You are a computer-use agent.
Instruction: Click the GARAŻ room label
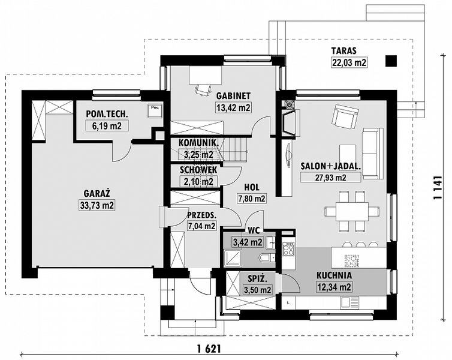[97, 193]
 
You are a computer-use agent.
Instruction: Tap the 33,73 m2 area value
[97, 205]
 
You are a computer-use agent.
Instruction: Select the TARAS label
[343, 50]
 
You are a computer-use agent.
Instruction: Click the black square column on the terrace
[391, 61]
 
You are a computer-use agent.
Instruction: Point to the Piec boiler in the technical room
[155, 110]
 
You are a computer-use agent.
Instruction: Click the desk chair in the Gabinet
[203, 89]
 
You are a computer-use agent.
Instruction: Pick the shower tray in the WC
[233, 258]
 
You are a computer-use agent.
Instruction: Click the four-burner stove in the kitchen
[288, 249]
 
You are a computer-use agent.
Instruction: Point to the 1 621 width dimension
[209, 349]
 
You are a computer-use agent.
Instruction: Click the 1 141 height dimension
[438, 187]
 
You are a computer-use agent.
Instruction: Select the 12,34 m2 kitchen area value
[334, 287]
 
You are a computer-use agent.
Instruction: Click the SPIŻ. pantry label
[258, 278]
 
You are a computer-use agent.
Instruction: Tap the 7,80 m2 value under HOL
[251, 199]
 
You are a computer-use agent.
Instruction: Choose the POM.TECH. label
[107, 114]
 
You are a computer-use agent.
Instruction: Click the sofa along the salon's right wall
[373, 153]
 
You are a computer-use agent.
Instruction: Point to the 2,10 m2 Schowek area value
[198, 182]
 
